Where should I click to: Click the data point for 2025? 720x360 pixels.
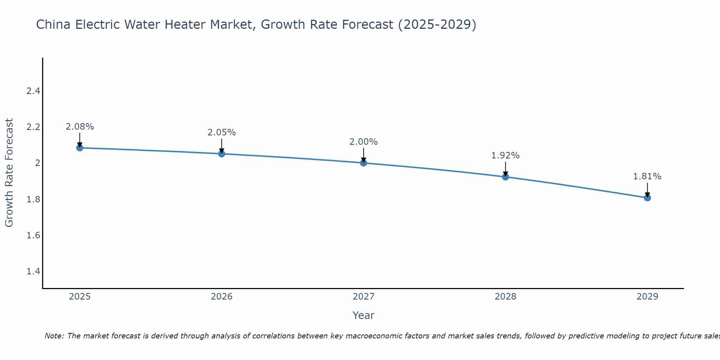click(80, 148)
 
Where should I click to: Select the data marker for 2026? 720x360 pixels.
click(222, 154)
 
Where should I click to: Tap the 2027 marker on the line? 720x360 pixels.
click(364, 163)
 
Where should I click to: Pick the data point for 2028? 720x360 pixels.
click(505, 177)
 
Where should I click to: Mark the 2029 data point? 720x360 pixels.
click(647, 198)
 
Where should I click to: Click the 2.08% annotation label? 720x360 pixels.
click(80, 127)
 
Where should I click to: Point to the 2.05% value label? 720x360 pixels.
click(222, 132)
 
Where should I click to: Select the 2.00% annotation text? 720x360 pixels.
click(364, 142)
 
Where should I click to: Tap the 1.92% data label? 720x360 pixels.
click(505, 156)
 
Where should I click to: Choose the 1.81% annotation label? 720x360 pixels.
click(647, 176)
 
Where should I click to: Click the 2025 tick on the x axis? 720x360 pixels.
click(80, 297)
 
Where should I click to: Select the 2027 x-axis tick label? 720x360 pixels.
click(364, 297)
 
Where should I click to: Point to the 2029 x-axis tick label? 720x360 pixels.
click(647, 297)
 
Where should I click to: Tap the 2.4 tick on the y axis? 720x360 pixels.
click(33, 91)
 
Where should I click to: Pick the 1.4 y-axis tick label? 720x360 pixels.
click(33, 271)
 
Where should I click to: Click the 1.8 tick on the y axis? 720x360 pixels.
click(33, 199)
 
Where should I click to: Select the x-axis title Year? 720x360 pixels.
click(364, 315)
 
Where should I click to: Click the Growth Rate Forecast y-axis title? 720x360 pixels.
click(9, 172)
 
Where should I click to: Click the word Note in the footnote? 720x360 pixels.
click(54, 336)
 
